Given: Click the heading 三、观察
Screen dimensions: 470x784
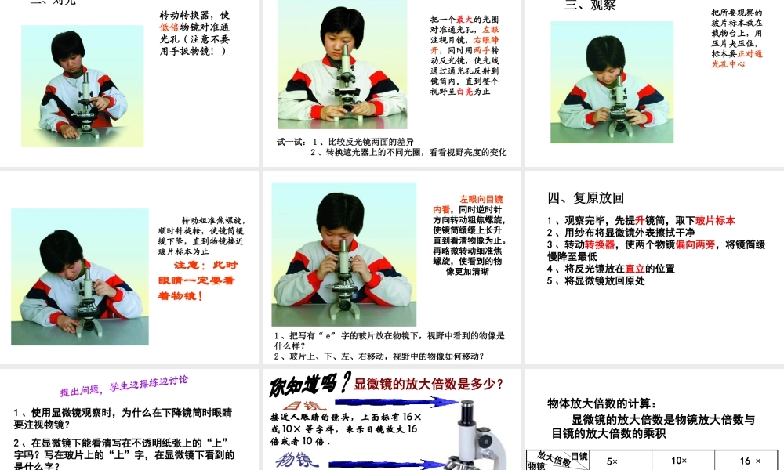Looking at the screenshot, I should click(590, 5).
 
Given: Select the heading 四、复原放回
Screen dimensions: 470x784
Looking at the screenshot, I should click(586, 198).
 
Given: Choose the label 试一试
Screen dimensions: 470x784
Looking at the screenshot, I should click(291, 142).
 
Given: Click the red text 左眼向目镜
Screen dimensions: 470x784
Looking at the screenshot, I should click(481, 200).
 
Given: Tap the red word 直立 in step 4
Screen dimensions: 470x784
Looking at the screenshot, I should click(635, 269).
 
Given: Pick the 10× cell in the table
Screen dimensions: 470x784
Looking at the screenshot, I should click(679, 461).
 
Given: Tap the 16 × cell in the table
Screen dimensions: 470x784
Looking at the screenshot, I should click(750, 461).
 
